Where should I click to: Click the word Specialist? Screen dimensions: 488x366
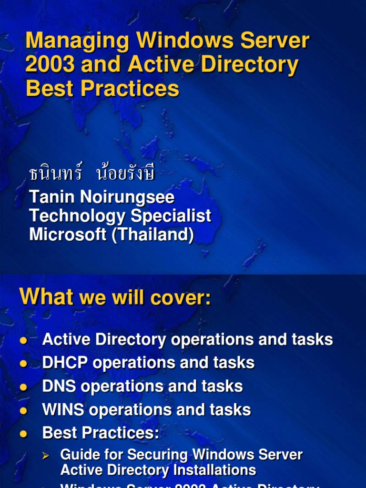[x=171, y=216]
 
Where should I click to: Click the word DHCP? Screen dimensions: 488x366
[x=65, y=363]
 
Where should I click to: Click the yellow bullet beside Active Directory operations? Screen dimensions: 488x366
[x=23, y=340]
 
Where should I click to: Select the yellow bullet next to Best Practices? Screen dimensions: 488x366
[x=23, y=434]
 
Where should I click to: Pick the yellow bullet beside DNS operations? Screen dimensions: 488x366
[x=23, y=387]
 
